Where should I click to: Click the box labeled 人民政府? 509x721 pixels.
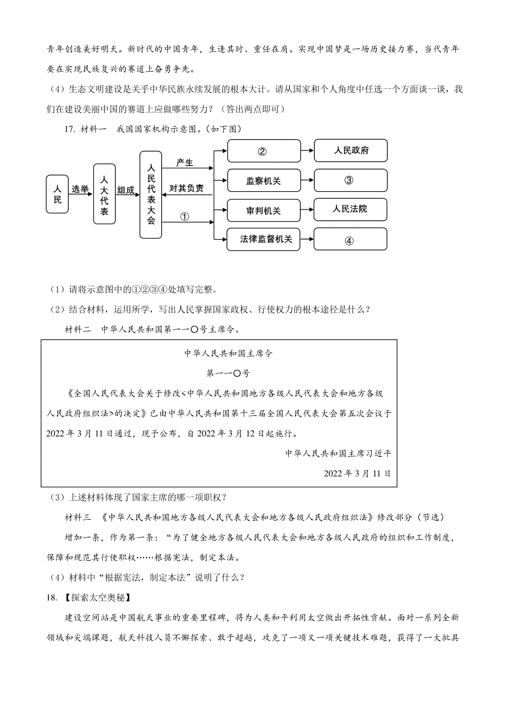350,150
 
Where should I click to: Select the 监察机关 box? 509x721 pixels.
264,180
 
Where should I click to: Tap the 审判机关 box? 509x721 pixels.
264,211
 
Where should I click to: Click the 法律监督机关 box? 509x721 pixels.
263,239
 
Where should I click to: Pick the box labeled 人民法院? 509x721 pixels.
350,209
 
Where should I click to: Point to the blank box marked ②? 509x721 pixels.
264,151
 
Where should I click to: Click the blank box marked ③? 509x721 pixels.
350,180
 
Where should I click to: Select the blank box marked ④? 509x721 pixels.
350,239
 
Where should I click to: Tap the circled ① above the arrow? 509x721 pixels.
184,217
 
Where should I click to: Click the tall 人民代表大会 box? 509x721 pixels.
151,195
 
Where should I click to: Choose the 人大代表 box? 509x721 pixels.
104,194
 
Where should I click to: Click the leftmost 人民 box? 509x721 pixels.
57,194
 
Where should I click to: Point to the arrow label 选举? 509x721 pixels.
80,189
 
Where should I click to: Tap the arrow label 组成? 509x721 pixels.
126,190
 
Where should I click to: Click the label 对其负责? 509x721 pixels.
187,188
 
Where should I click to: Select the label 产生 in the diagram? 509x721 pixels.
185,163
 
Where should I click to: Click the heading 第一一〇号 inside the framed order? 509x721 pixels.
228,373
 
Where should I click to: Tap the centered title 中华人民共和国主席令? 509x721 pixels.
228,353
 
